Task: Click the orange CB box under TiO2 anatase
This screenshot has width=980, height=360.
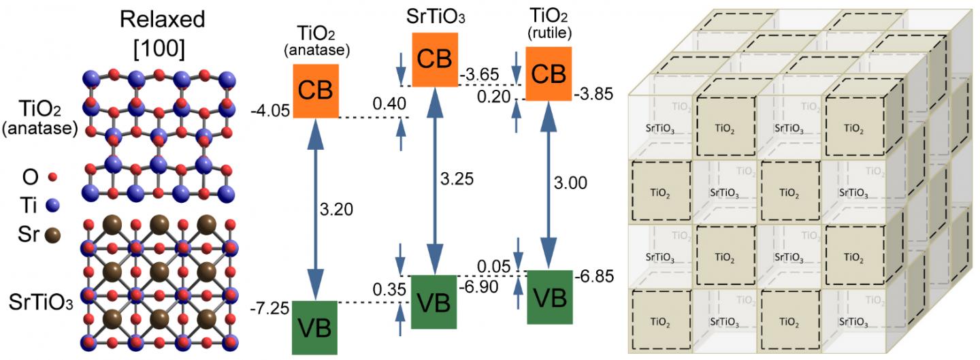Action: tap(316, 91)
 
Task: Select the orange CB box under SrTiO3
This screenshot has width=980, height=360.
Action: tap(434, 59)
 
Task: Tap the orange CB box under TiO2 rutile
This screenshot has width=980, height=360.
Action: tap(548, 74)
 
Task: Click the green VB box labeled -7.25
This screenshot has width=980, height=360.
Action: tap(314, 327)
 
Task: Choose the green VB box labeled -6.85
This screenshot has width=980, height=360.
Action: tap(549, 297)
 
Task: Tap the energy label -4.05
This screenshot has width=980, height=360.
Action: tap(269, 108)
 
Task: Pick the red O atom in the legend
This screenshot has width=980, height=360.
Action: tap(52, 178)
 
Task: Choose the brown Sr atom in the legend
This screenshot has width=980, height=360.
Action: tap(51, 236)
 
